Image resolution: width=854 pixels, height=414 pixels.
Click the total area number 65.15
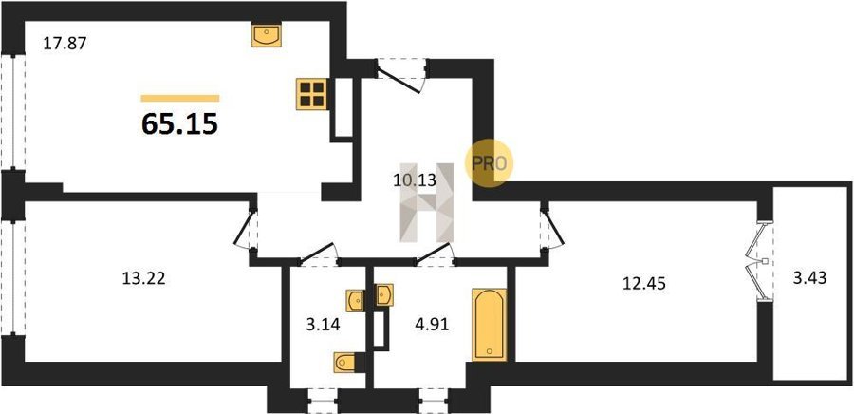click(179, 124)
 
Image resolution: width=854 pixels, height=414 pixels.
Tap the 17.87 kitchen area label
click(65, 43)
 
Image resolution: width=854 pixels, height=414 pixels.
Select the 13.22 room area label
click(143, 278)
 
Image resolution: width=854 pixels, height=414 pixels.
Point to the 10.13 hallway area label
click(415, 179)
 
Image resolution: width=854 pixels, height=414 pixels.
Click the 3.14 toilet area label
click(324, 325)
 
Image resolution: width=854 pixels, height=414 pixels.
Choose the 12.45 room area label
click(644, 283)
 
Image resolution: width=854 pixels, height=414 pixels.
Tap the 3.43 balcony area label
click(810, 278)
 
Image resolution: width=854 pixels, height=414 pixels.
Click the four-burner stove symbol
click(312, 94)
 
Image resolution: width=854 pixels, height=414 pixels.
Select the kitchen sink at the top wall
click(267, 35)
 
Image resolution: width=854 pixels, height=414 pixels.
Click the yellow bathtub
click(490, 325)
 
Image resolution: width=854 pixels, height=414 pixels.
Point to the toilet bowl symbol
click(344, 363)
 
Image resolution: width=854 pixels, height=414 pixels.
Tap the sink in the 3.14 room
click(355, 300)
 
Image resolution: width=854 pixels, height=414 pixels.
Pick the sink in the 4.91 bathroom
click(385, 294)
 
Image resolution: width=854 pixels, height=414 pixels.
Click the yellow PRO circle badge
click(489, 163)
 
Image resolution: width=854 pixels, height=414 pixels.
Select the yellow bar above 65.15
click(180, 99)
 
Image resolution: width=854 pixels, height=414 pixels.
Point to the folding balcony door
click(758, 261)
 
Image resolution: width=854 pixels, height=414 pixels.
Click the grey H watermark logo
click(427, 202)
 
